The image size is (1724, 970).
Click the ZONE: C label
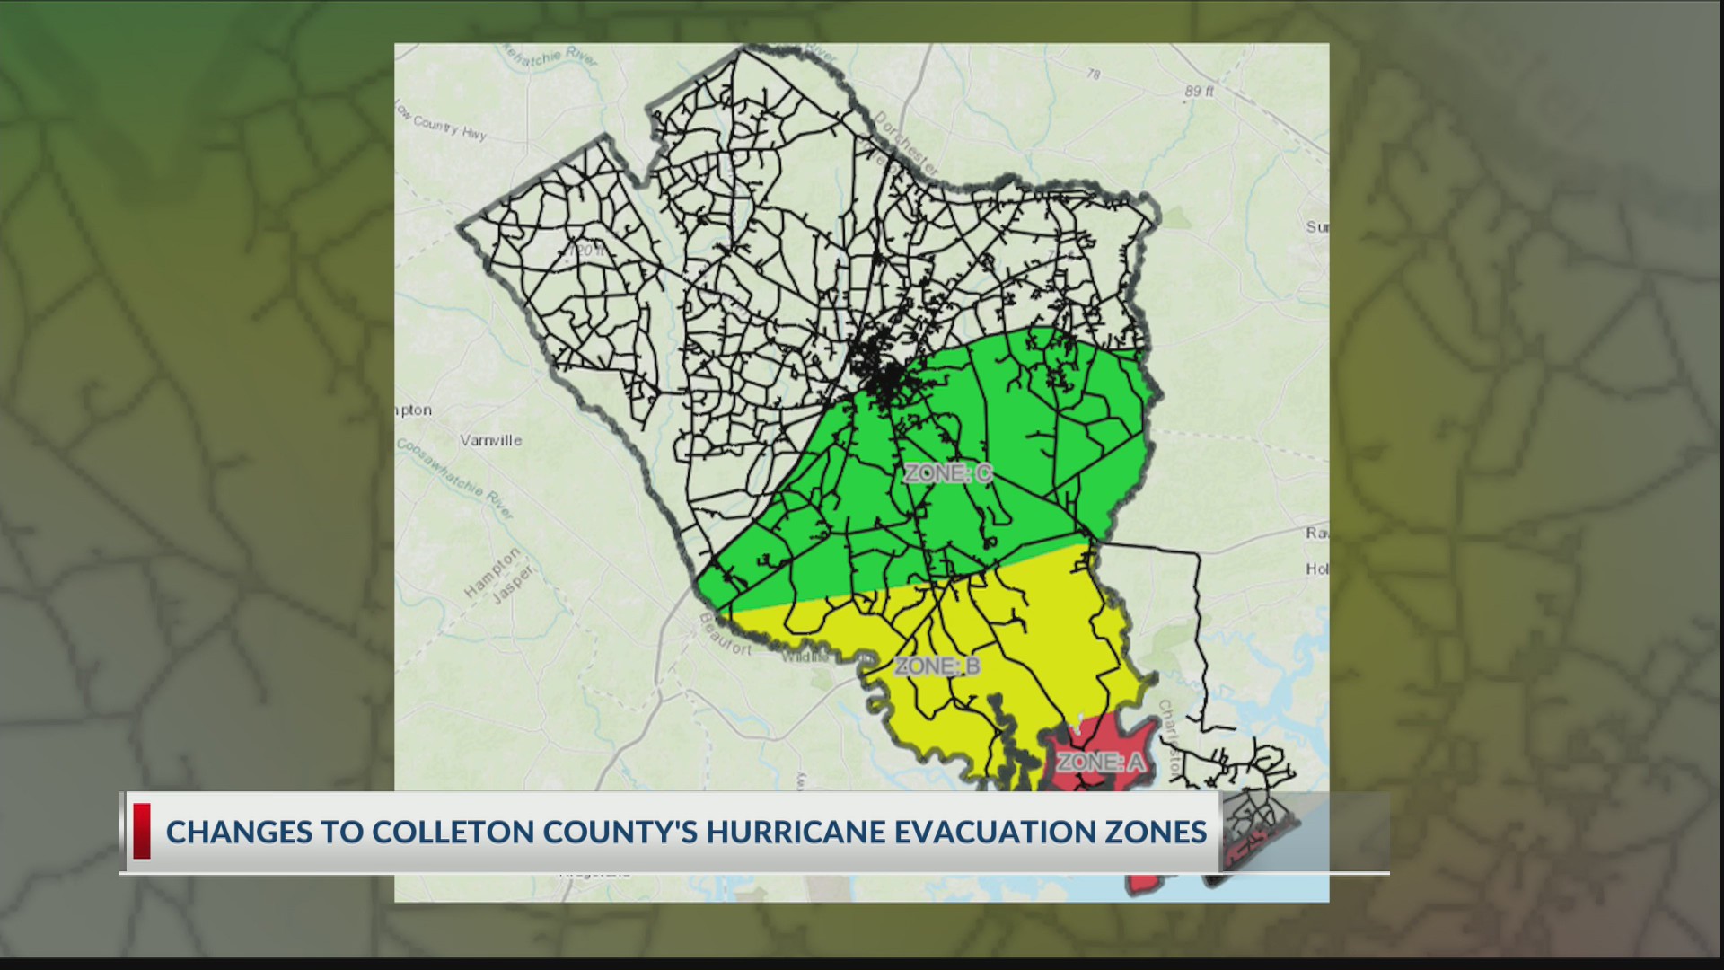pos(947,473)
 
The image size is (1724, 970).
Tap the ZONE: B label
pos(937,666)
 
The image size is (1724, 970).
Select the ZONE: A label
pos(1100,763)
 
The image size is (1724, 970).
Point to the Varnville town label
pos(490,440)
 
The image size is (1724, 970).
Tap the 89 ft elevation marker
pos(1199,92)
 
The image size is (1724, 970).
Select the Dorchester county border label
pos(906,144)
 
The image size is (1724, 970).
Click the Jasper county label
pos(515,585)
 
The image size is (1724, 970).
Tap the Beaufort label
pos(725,633)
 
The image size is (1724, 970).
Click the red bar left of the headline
pos(142,831)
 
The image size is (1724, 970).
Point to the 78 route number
pos(1093,75)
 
